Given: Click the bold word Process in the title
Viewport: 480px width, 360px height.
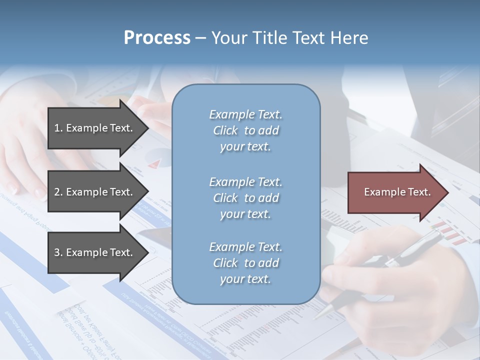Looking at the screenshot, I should pyautogui.click(x=157, y=38).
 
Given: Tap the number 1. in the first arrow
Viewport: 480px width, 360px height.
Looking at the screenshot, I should pyautogui.click(x=58, y=128).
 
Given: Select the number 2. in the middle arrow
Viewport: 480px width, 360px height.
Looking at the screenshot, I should pyautogui.click(x=58, y=192).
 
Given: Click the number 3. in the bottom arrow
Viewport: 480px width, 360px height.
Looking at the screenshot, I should pyautogui.click(x=58, y=252).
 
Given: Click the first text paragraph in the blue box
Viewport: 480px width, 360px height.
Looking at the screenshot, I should pyautogui.click(x=245, y=130).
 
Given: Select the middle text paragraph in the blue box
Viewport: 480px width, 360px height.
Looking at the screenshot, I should pyautogui.click(x=245, y=198).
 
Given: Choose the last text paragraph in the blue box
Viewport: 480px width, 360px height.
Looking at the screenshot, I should pyautogui.click(x=245, y=263).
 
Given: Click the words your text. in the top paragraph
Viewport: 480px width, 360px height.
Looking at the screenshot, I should pyautogui.click(x=245, y=147).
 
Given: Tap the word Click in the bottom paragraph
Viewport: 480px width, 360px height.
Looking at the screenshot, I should pyautogui.click(x=225, y=263).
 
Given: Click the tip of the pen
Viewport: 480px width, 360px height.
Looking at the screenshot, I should pyautogui.click(x=316, y=316).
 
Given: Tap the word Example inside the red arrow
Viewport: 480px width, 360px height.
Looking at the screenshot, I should pyautogui.click(x=381, y=192).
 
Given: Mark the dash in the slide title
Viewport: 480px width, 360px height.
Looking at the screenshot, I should pyautogui.click(x=200, y=38).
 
